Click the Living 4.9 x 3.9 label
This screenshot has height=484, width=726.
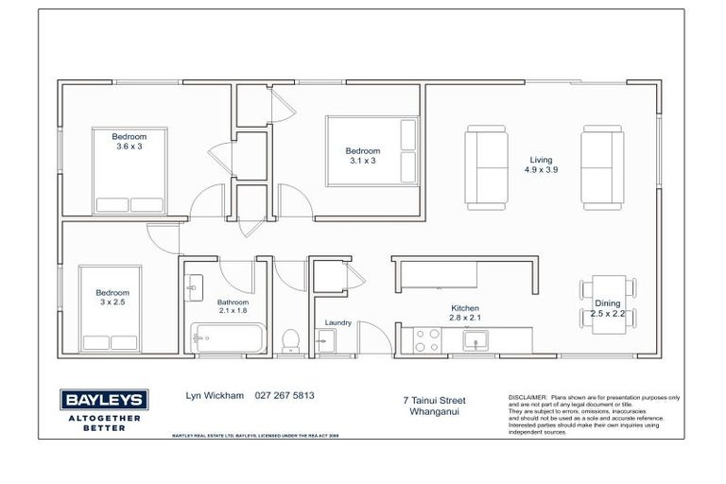coord(541,165)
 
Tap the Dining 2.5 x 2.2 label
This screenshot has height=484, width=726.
coord(608,306)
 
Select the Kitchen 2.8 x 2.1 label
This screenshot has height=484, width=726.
coord(464,314)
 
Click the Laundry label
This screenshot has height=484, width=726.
coord(338,322)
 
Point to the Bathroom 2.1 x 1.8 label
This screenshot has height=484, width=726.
coord(232,304)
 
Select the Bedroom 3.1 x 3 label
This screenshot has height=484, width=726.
coord(362,156)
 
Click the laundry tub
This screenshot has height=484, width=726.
coord(325,342)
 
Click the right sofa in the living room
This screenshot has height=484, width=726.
coord(603,168)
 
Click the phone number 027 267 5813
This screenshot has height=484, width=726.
coord(284,396)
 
